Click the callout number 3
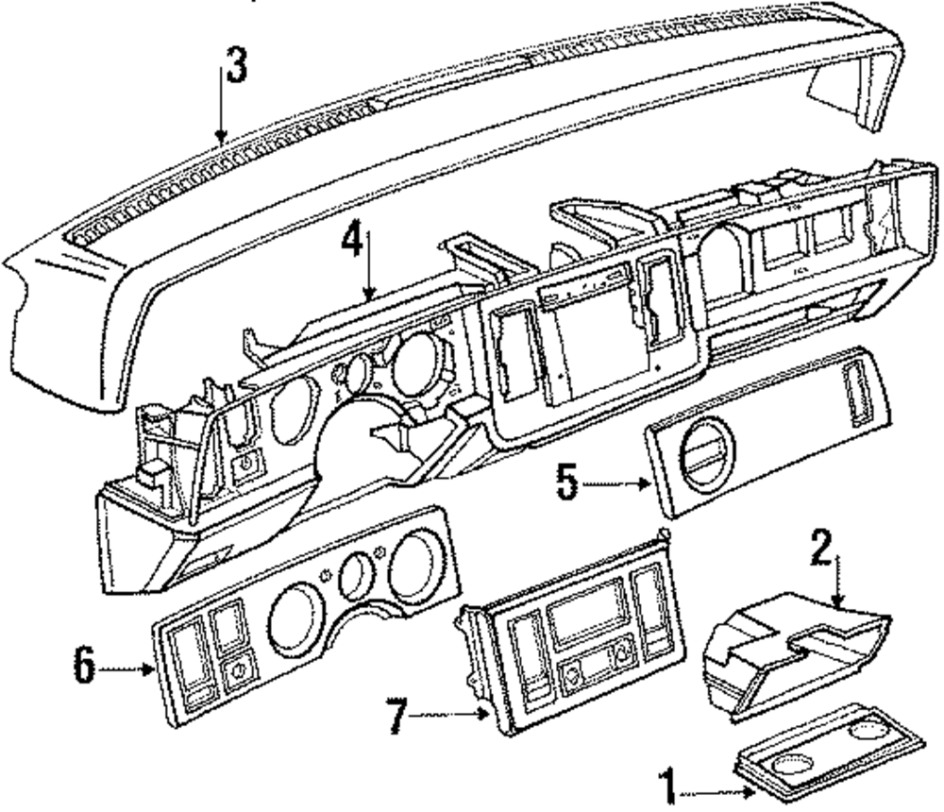pos(237,66)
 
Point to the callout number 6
pos(85,666)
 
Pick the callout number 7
pos(396,716)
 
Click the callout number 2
pos(821,548)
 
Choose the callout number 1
pos(667,786)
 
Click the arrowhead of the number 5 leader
pos(645,483)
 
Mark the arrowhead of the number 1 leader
pos(750,792)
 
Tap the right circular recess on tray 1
pos(866,733)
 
